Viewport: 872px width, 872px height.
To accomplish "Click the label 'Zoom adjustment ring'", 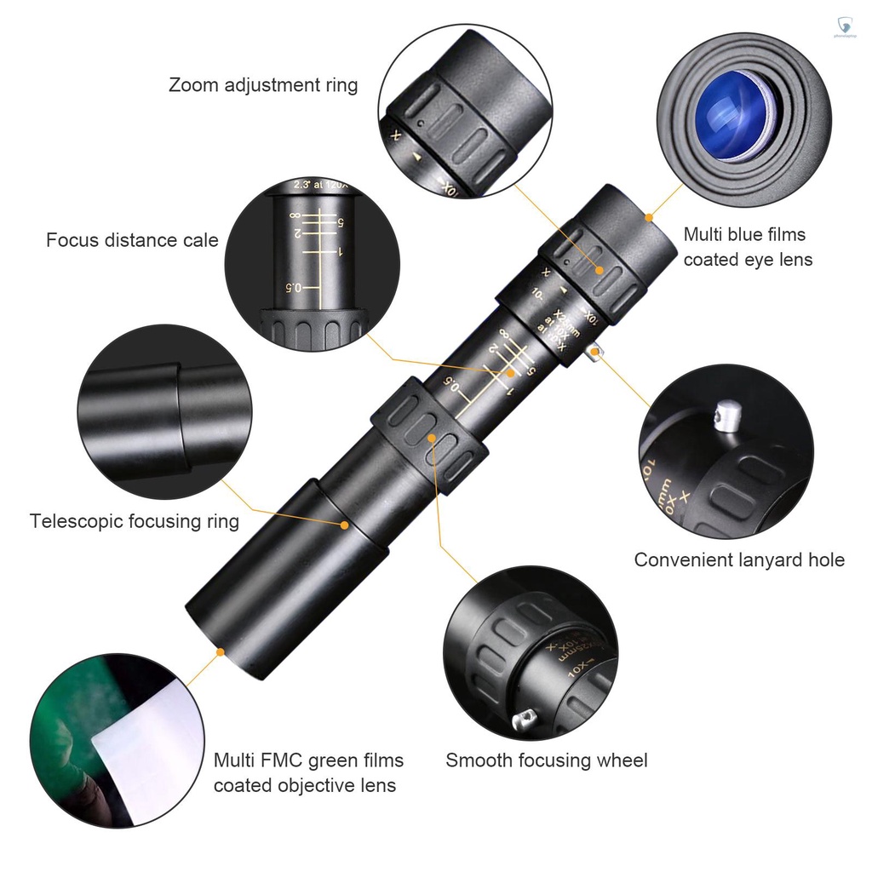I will click(x=263, y=85).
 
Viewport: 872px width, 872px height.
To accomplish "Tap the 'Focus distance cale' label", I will click(x=132, y=240).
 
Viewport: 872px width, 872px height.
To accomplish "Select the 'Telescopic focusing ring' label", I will click(x=135, y=521).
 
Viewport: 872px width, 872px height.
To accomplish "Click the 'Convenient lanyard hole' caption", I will click(x=739, y=559).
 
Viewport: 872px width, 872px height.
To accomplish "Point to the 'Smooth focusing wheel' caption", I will click(x=547, y=760).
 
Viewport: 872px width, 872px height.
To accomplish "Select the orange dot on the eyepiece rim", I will click(x=651, y=217).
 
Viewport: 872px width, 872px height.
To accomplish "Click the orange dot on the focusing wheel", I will click(x=433, y=438).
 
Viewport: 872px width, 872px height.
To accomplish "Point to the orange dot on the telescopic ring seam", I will click(x=344, y=525).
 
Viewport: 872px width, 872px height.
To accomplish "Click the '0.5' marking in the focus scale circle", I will click(x=293, y=288).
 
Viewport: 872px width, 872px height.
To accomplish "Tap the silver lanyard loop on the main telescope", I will click(x=594, y=353).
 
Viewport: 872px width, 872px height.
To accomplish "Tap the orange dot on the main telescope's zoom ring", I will click(x=600, y=271).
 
